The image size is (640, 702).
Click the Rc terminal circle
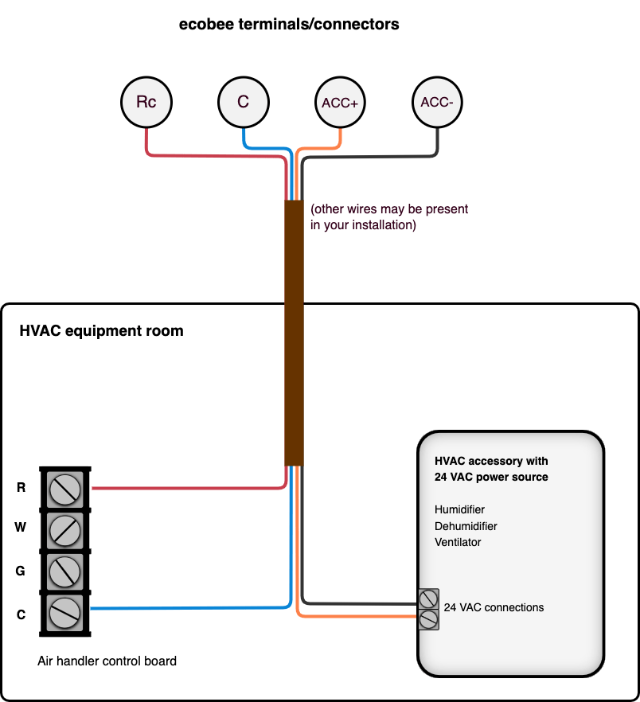tap(146, 102)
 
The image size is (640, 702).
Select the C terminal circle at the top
tap(243, 102)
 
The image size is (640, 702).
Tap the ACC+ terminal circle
tap(340, 103)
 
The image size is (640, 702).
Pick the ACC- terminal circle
tap(437, 102)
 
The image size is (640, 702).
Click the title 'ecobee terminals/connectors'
tap(290, 25)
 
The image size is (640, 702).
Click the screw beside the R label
tap(64, 488)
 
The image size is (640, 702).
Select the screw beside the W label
tap(64, 528)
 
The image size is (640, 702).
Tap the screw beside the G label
tap(64, 570)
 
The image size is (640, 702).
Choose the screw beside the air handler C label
tap(64, 612)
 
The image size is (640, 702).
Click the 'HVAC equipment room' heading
tap(101, 331)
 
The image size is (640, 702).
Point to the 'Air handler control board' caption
tap(107, 661)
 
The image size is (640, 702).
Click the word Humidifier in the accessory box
tap(459, 509)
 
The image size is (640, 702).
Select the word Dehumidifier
tap(466, 526)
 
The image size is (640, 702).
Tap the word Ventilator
tap(458, 542)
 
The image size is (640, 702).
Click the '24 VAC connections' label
tap(494, 607)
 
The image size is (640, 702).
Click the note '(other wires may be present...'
tap(389, 217)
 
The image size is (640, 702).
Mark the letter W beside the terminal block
tap(21, 528)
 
